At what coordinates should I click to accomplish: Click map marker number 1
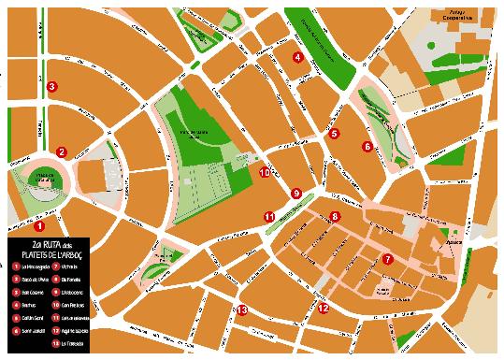(x=39, y=225)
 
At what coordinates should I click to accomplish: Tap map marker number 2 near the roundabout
(x=61, y=152)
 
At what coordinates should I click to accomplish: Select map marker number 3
(x=52, y=87)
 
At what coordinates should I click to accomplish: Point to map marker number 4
(x=297, y=58)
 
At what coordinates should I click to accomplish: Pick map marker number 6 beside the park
(x=367, y=147)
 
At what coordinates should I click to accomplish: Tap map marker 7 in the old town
(x=387, y=259)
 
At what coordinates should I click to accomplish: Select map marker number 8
(x=335, y=217)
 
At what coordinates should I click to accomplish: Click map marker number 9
(x=296, y=194)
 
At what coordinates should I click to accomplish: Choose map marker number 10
(x=265, y=172)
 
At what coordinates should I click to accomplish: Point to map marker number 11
(x=268, y=217)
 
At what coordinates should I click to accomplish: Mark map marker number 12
(x=323, y=307)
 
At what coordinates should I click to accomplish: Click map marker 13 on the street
(x=241, y=310)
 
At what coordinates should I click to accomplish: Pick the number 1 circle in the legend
(x=16, y=266)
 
